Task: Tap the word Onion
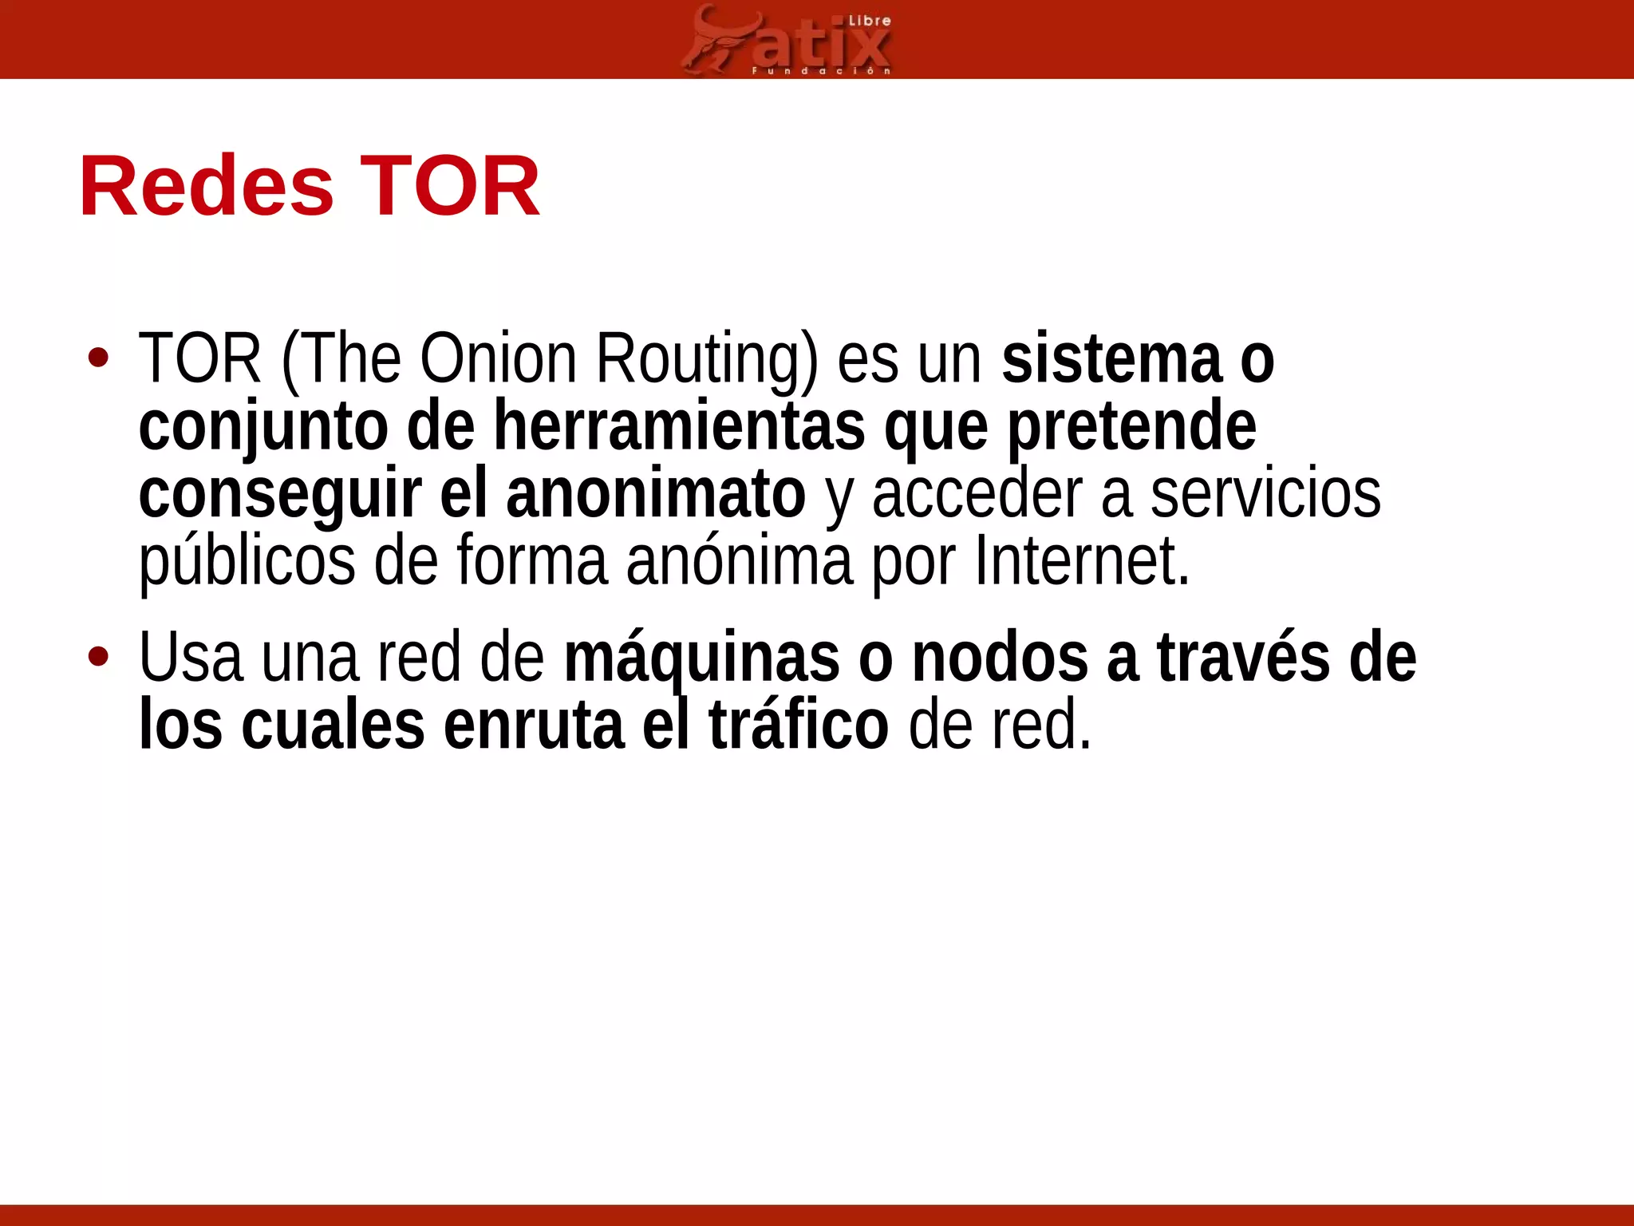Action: (x=498, y=359)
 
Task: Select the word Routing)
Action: (x=707, y=361)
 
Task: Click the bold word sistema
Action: (x=1111, y=359)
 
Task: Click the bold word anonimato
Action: (x=655, y=494)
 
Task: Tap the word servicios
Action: (x=1265, y=494)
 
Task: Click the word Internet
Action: (x=1081, y=561)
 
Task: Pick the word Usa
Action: (x=191, y=658)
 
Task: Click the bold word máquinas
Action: (x=701, y=659)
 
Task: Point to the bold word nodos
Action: (x=1000, y=658)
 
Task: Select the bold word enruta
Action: (x=533, y=725)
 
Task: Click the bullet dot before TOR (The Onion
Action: (x=99, y=358)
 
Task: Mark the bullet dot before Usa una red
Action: (x=99, y=657)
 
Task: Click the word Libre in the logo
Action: (x=869, y=21)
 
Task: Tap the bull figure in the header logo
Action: (x=712, y=40)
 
